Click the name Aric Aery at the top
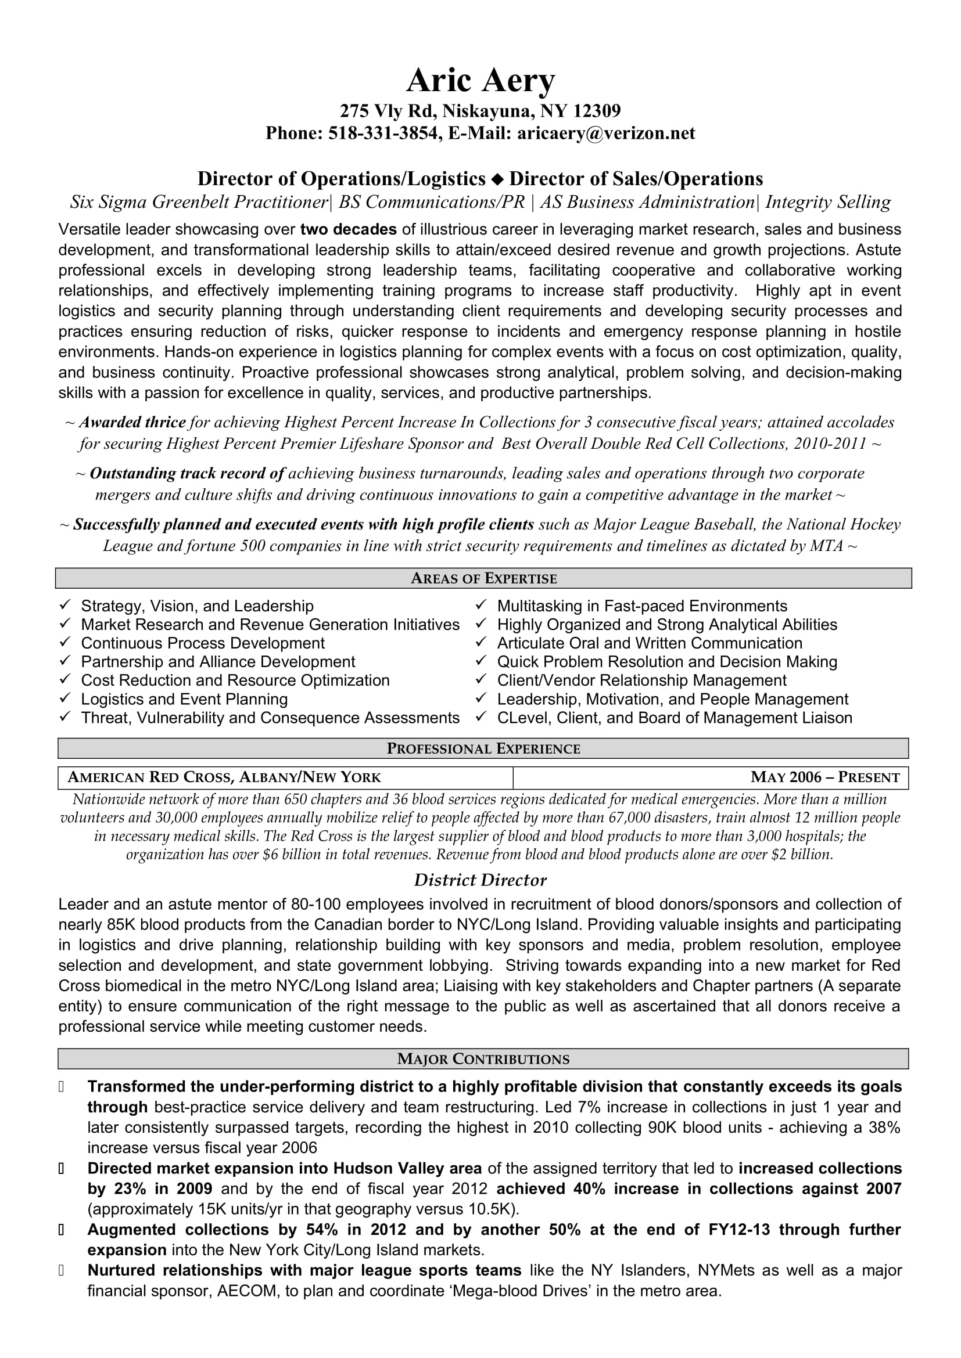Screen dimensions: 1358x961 pyautogui.click(x=480, y=81)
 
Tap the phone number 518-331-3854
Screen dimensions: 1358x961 pyautogui.click(x=383, y=134)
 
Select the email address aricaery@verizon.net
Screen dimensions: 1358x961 pyautogui.click(x=606, y=134)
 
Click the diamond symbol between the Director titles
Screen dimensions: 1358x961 pyautogui.click(x=497, y=179)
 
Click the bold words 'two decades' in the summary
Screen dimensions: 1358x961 pyautogui.click(x=349, y=229)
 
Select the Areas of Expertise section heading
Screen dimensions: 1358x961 pyautogui.click(x=483, y=578)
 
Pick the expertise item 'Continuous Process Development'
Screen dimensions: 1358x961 pyautogui.click(x=202, y=643)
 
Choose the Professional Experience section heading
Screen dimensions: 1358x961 pyautogui.click(x=483, y=749)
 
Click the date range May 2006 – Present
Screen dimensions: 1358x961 pyautogui.click(x=824, y=777)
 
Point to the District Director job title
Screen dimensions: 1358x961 pyautogui.click(x=480, y=880)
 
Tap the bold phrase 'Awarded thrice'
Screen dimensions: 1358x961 pyautogui.click(x=132, y=422)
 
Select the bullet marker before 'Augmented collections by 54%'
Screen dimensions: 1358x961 pyautogui.click(x=61, y=1230)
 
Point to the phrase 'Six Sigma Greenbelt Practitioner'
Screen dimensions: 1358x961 pyautogui.click(x=199, y=202)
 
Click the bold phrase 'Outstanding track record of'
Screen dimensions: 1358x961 pyautogui.click(x=188, y=473)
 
